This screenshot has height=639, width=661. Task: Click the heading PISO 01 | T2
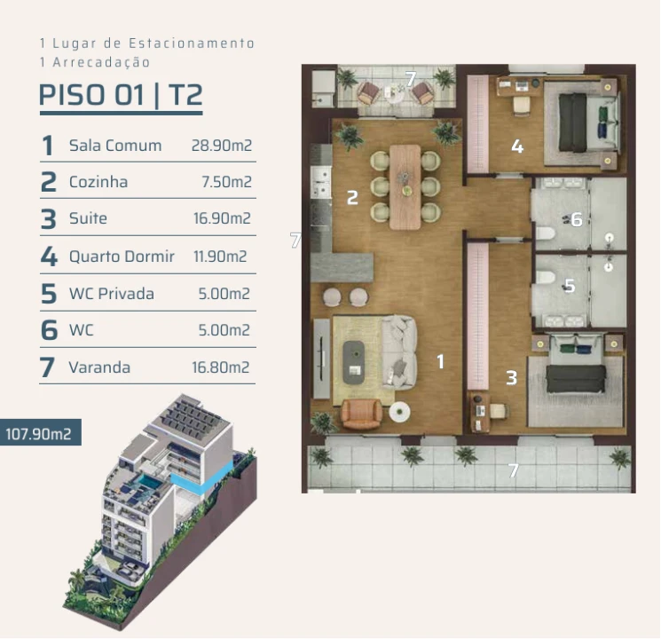coord(121,96)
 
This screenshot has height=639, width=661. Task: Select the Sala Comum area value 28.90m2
coord(222,146)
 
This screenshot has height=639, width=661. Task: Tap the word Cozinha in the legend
coord(98,182)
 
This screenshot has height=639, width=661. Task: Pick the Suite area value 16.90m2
coord(222,219)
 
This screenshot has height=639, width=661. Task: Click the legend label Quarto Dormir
coord(122,256)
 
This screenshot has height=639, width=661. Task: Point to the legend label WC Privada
coord(111,294)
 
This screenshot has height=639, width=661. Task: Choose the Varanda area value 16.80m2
coord(221,367)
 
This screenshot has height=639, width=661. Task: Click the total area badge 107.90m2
coord(39,434)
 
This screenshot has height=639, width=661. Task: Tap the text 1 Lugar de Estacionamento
coord(147,43)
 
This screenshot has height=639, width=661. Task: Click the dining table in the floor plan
coord(405,185)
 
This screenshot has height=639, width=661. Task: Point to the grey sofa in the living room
coord(399,351)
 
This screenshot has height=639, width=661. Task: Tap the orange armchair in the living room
coord(360,413)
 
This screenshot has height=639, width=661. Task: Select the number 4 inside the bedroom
coord(517,146)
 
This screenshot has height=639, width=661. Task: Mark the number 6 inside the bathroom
coord(577,218)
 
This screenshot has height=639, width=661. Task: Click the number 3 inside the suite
coord(511,378)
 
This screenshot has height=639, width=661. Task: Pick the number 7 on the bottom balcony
coord(513,470)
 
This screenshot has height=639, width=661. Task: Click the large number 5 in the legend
coord(48,294)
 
